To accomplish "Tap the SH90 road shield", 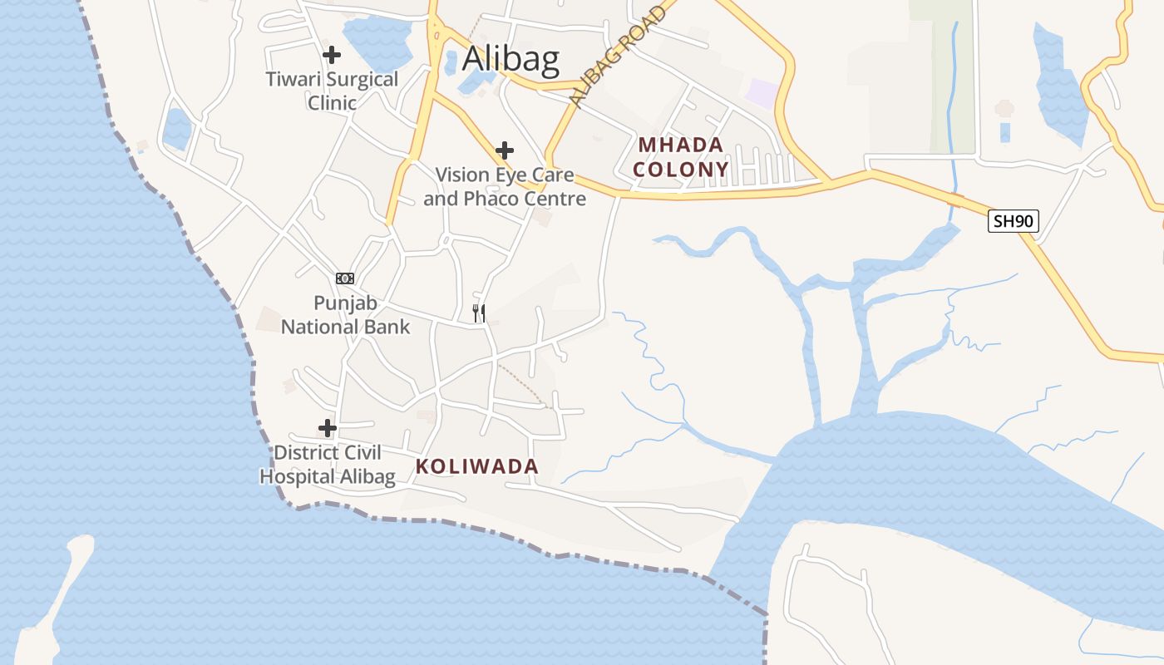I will (1014, 221).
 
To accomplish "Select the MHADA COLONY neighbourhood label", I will (681, 157).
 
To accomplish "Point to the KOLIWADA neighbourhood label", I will (477, 467).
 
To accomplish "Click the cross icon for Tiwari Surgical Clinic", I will (332, 55).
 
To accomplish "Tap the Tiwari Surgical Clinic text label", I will (332, 91).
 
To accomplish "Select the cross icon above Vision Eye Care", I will (504, 150).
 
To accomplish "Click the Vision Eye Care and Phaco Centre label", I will (505, 187).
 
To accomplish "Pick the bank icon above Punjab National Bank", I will (345, 278).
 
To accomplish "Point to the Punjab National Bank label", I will (345, 315).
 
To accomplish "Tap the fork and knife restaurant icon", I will (479, 313).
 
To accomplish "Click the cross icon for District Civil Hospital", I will (328, 428).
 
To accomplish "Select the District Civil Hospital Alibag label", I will (328, 465).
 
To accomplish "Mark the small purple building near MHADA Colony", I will (762, 92).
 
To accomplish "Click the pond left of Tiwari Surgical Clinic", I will (176, 129).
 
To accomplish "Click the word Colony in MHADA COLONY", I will (681, 170).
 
